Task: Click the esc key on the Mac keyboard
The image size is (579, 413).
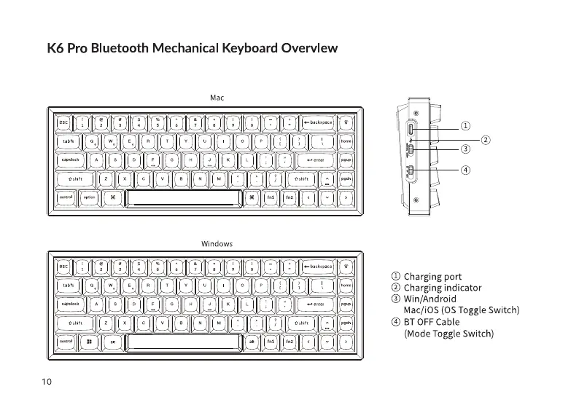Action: click(x=63, y=122)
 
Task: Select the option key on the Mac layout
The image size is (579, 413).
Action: click(x=88, y=197)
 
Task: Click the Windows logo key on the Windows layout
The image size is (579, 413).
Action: click(x=88, y=341)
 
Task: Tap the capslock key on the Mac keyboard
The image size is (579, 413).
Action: click(x=71, y=160)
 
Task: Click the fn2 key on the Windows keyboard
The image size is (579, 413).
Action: click(x=289, y=341)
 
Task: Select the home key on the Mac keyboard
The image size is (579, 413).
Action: click(x=346, y=141)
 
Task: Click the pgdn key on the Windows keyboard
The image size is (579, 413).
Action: click(x=346, y=322)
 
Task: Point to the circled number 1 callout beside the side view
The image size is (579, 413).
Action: click(x=465, y=125)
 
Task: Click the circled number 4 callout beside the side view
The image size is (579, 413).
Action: click(x=465, y=170)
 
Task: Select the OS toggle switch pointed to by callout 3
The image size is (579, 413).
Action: click(x=411, y=150)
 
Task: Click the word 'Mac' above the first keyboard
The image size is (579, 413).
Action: click(x=217, y=97)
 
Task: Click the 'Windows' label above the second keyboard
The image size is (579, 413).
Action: click(x=217, y=243)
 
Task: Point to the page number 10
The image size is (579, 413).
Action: click(x=47, y=381)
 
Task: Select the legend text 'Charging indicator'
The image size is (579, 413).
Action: click(x=442, y=287)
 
